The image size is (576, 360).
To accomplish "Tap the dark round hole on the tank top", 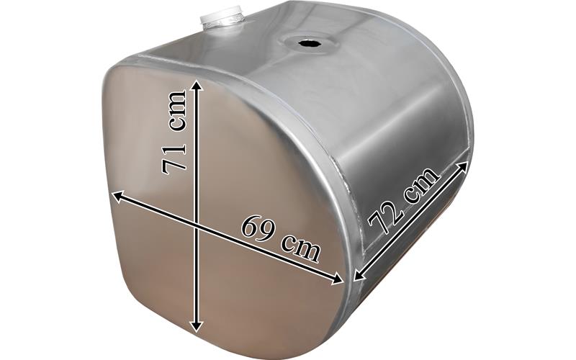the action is [x=310, y=43].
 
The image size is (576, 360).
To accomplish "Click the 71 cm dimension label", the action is [x=174, y=132].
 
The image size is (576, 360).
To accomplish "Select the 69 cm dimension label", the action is [x=281, y=238].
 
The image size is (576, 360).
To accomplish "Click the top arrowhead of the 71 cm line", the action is [x=197, y=86].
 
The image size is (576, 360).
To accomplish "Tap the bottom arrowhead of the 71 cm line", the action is [x=197, y=325].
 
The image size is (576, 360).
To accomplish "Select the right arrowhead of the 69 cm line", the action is [x=336, y=279].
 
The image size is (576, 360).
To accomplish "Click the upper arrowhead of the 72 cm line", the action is [x=463, y=166].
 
